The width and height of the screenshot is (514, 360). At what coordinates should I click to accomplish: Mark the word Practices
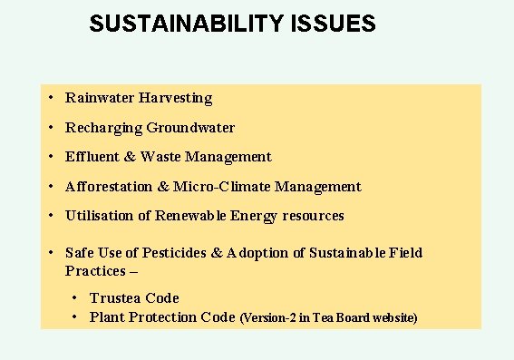click(x=95, y=271)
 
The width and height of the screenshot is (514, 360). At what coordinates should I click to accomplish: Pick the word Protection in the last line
click(x=162, y=317)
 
